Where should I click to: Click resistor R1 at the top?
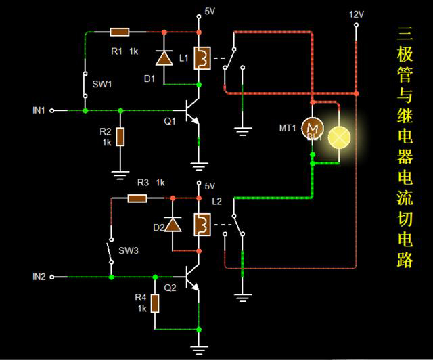(x=120, y=32)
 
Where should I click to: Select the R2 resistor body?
(x=120, y=137)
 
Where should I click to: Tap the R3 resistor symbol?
(x=138, y=198)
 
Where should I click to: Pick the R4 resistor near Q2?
(x=155, y=303)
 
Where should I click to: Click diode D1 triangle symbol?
(x=163, y=58)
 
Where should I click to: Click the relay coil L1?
(x=201, y=58)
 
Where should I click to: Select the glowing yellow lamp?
(x=339, y=137)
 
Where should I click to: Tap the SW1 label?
(x=102, y=85)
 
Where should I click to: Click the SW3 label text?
(x=129, y=251)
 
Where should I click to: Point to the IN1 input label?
(x=39, y=110)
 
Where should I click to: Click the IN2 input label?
(x=39, y=277)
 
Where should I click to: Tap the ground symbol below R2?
(x=120, y=174)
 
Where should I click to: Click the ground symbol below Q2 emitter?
(x=198, y=348)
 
